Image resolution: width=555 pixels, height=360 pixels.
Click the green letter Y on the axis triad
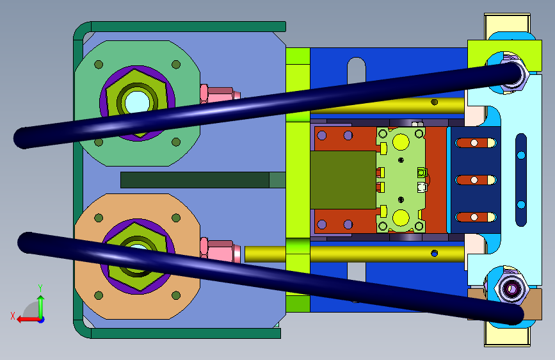(40, 288)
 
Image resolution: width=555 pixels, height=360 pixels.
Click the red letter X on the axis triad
(13, 316)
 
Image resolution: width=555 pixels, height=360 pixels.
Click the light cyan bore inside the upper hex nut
(137, 101)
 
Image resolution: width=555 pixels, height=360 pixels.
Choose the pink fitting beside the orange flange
(220, 249)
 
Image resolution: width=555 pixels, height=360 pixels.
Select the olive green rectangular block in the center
(343, 180)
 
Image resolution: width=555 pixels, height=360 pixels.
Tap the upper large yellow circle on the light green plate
(401, 142)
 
